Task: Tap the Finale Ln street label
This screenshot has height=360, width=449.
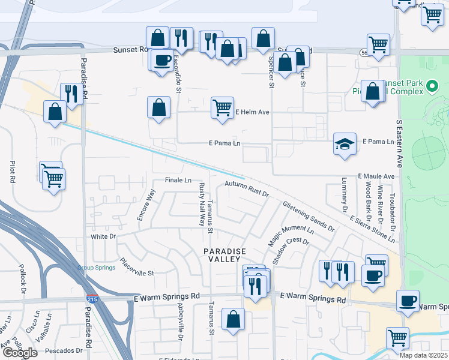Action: pyautogui.click(x=178, y=180)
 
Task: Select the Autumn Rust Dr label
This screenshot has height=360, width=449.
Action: pyautogui.click(x=247, y=189)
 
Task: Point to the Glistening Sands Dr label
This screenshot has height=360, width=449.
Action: pyautogui.click(x=309, y=215)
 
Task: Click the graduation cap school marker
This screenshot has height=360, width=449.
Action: pyautogui.click(x=345, y=145)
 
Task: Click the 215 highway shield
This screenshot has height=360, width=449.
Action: pyautogui.click(x=89, y=298)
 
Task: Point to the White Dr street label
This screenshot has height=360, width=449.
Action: pyautogui.click(x=103, y=236)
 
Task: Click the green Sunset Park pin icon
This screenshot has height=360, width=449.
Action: pyautogui.click(x=432, y=88)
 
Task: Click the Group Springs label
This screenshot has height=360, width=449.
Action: pyautogui.click(x=96, y=268)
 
